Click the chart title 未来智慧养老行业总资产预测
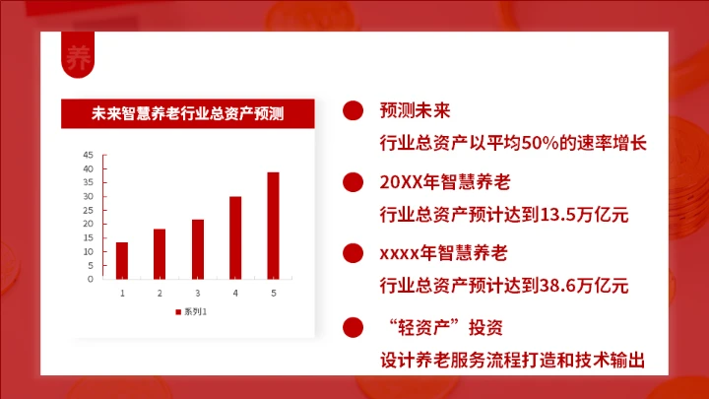pos(187,113)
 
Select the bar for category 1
pos(122,260)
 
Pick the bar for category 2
pos(160,253)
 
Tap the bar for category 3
pos(197,248)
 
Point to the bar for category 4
pos(235,237)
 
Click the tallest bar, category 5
pos(273,226)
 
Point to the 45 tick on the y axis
pos(88,155)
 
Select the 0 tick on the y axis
pos(90,279)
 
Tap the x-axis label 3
pos(197,293)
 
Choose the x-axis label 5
pos(273,293)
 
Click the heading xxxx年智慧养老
pos(443,254)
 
